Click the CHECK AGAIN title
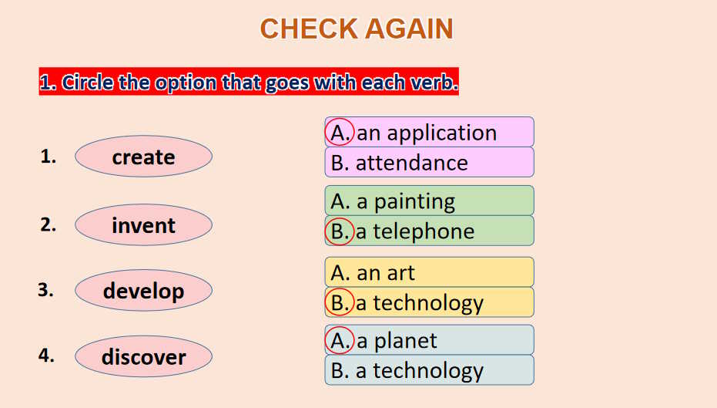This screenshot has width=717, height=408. [x=357, y=29]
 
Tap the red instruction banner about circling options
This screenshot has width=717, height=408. [x=249, y=82]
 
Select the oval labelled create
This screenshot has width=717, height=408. [x=143, y=157]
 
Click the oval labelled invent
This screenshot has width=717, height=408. [x=143, y=225]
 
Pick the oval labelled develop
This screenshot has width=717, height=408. [x=143, y=290]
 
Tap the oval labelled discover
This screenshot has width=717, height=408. [x=143, y=356]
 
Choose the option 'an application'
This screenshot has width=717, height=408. [x=430, y=132]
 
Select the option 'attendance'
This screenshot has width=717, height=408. [x=430, y=162]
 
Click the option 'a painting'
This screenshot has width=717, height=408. [x=430, y=201]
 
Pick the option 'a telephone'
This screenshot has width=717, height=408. [x=430, y=231]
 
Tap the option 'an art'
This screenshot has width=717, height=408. [x=430, y=272]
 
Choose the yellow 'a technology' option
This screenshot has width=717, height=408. [x=430, y=302]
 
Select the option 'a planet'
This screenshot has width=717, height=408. [x=430, y=340]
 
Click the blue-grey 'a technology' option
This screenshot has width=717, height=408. [x=430, y=370]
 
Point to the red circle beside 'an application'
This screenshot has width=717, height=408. [x=325, y=132]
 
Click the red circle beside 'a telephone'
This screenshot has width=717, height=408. [x=325, y=231]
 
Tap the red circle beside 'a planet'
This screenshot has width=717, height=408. [x=325, y=340]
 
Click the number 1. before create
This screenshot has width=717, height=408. [x=48, y=157]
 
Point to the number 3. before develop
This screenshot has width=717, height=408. [x=45, y=290]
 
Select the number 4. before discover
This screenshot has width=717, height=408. [x=46, y=356]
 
